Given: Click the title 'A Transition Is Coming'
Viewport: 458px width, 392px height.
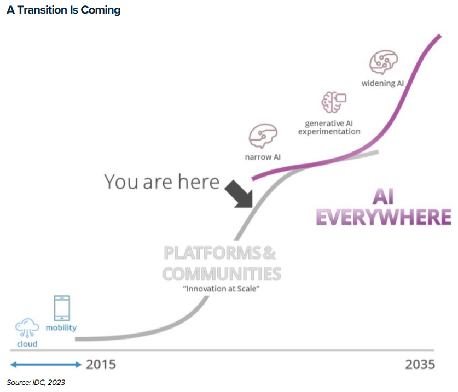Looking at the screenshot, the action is (x=63, y=10).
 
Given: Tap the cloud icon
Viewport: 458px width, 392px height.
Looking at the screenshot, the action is (x=27, y=328).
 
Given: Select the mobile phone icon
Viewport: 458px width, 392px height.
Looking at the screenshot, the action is (x=62, y=308).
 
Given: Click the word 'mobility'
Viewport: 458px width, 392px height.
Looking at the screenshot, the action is (x=61, y=328).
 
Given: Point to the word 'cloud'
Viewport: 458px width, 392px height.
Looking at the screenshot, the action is (x=27, y=344).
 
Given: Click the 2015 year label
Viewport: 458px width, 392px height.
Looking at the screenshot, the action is (x=101, y=365).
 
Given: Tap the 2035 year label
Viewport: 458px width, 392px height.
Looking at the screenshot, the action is (x=420, y=365).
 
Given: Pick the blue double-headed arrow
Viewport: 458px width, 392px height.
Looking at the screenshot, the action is (x=46, y=364).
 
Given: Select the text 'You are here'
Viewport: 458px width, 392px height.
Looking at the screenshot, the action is (x=161, y=182).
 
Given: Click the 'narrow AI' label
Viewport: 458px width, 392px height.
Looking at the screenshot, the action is (x=263, y=157).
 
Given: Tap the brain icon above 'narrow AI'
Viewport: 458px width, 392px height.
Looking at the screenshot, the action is (x=263, y=136).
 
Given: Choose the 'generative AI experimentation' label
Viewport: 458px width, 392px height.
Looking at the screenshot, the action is (x=329, y=127).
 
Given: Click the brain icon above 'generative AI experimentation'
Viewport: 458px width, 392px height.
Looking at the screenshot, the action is (x=334, y=102).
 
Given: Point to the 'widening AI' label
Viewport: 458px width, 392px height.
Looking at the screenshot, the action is (x=382, y=84).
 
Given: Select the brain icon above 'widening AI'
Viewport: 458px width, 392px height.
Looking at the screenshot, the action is (x=383, y=62).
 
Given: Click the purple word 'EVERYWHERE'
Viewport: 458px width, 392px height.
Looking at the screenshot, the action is (x=384, y=217).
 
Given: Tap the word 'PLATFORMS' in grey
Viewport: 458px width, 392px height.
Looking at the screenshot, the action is (x=212, y=253).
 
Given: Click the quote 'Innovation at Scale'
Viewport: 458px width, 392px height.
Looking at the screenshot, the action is (x=221, y=289).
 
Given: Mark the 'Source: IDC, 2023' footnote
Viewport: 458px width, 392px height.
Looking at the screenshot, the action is (x=36, y=382).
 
